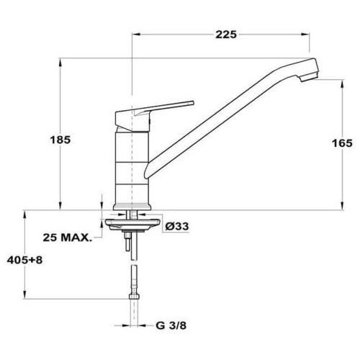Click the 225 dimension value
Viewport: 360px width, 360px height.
tap(226, 35)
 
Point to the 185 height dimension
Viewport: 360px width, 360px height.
tap(60, 140)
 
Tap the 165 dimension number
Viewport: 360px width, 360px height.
tap(342, 143)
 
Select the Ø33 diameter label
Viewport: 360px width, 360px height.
tap(177, 226)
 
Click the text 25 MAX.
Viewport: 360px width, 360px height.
tap(68, 238)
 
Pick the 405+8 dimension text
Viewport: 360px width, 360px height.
tap(24, 260)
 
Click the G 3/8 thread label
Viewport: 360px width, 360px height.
tap(171, 325)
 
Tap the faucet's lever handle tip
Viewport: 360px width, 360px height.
tap(192, 103)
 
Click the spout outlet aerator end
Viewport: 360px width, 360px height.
tap(309, 77)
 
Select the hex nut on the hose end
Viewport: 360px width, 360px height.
tap(134, 297)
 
